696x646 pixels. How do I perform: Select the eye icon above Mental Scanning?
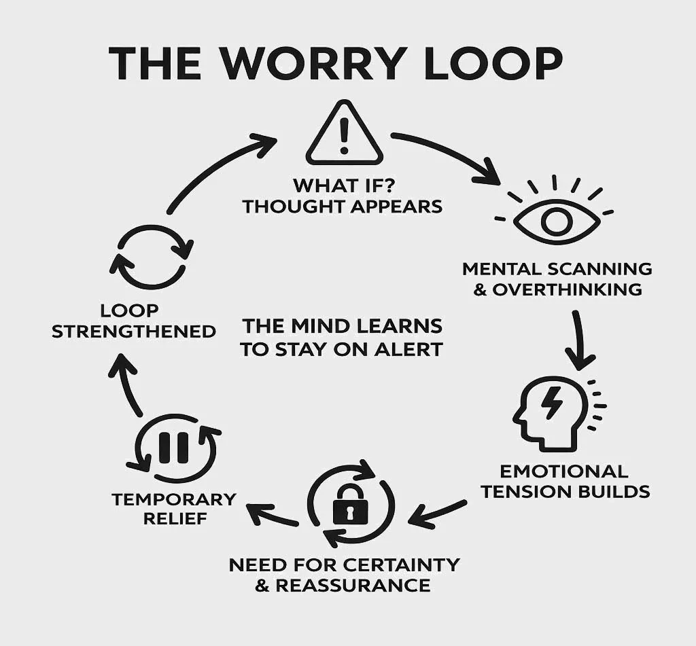tap(555, 219)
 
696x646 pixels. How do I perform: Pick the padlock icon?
tap(350, 505)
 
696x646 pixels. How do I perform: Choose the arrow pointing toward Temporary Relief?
tap(272, 514)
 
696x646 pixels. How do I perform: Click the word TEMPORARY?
tap(173, 499)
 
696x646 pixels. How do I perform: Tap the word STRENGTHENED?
tap(134, 331)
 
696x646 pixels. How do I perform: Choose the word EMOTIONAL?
tap(563, 471)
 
